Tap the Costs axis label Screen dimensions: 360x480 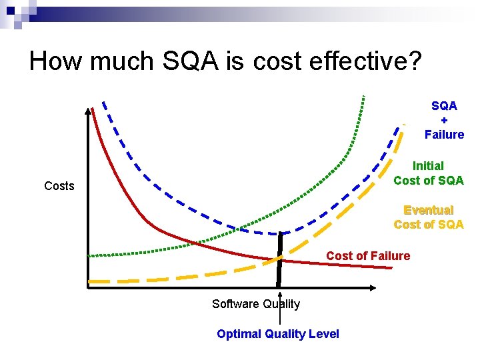59,186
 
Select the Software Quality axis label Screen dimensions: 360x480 255,304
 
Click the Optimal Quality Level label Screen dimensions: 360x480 277,334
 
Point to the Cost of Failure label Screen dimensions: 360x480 368,256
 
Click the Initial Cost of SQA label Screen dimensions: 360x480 428,173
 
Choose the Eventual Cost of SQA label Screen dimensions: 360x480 428,217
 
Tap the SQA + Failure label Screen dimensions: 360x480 444,120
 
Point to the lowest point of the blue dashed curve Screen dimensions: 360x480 280,234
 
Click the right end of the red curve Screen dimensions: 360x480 391,267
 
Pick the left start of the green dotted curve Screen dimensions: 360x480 91,256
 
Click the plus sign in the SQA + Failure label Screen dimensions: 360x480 444,120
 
